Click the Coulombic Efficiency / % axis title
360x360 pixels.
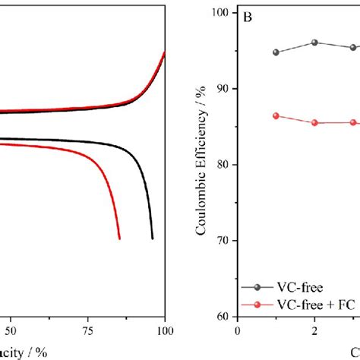point(202,165)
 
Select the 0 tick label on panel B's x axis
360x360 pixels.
point(238,330)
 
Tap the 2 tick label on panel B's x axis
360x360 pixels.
point(314,330)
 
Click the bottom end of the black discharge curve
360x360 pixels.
point(153,238)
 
